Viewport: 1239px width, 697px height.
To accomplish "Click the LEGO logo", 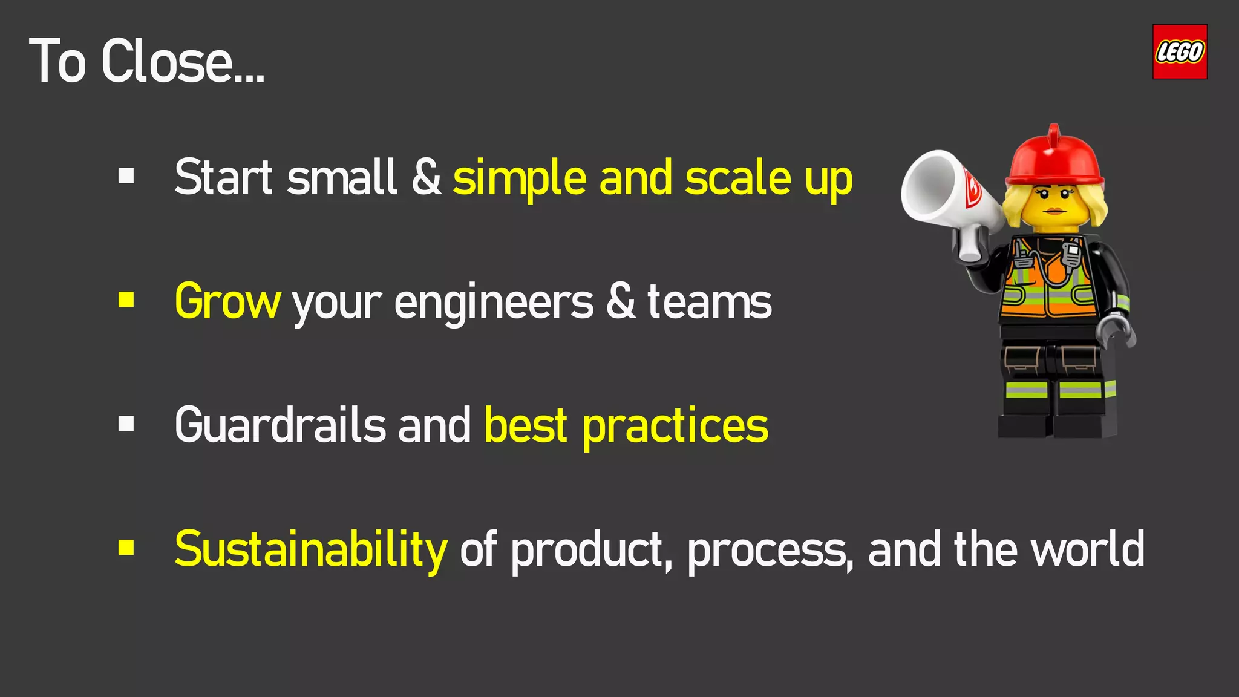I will [x=1179, y=52].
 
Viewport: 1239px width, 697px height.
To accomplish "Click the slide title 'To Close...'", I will [x=146, y=61].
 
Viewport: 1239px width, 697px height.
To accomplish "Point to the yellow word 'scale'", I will [x=738, y=178].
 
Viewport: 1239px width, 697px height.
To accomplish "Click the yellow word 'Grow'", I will [x=227, y=302].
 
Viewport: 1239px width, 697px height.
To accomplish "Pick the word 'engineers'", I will [x=494, y=303].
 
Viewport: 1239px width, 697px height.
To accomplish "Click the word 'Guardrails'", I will [x=280, y=425].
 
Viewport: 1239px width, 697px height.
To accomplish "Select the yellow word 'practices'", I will [x=675, y=427].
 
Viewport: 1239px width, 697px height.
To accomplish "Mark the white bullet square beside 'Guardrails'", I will [x=126, y=424].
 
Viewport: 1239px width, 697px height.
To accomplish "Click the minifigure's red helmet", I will [x=1054, y=159].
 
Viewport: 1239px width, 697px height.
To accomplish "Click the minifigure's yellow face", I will [x=1053, y=206].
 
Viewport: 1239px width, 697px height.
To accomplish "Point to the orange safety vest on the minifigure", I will [x=1047, y=284].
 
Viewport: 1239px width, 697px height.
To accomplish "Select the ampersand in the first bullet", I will [x=427, y=177].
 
